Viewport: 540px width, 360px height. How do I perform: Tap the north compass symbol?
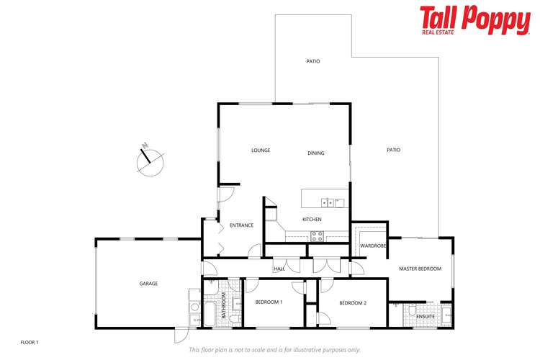(x=150, y=161)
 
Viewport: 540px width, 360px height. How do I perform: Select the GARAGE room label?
(x=148, y=284)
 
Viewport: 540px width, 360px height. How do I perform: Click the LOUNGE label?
(x=260, y=150)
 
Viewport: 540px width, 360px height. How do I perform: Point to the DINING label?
(x=315, y=153)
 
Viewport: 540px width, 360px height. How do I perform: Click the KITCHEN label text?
(x=312, y=220)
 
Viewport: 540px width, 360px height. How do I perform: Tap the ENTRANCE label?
(x=241, y=225)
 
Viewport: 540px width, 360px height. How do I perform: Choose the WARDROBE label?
(x=374, y=246)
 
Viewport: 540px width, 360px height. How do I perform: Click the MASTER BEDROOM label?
(x=419, y=269)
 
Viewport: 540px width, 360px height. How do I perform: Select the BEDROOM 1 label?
(x=269, y=302)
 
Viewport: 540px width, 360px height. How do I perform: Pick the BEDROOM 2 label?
(x=353, y=303)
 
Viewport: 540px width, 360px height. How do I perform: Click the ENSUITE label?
(x=426, y=315)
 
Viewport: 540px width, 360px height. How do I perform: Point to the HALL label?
(x=279, y=269)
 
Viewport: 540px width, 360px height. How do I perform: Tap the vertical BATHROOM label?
(x=224, y=305)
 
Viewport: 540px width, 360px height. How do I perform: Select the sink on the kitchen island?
(x=326, y=202)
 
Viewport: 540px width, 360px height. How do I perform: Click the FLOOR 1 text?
(x=29, y=341)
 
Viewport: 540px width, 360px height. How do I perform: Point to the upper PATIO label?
(x=312, y=61)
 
